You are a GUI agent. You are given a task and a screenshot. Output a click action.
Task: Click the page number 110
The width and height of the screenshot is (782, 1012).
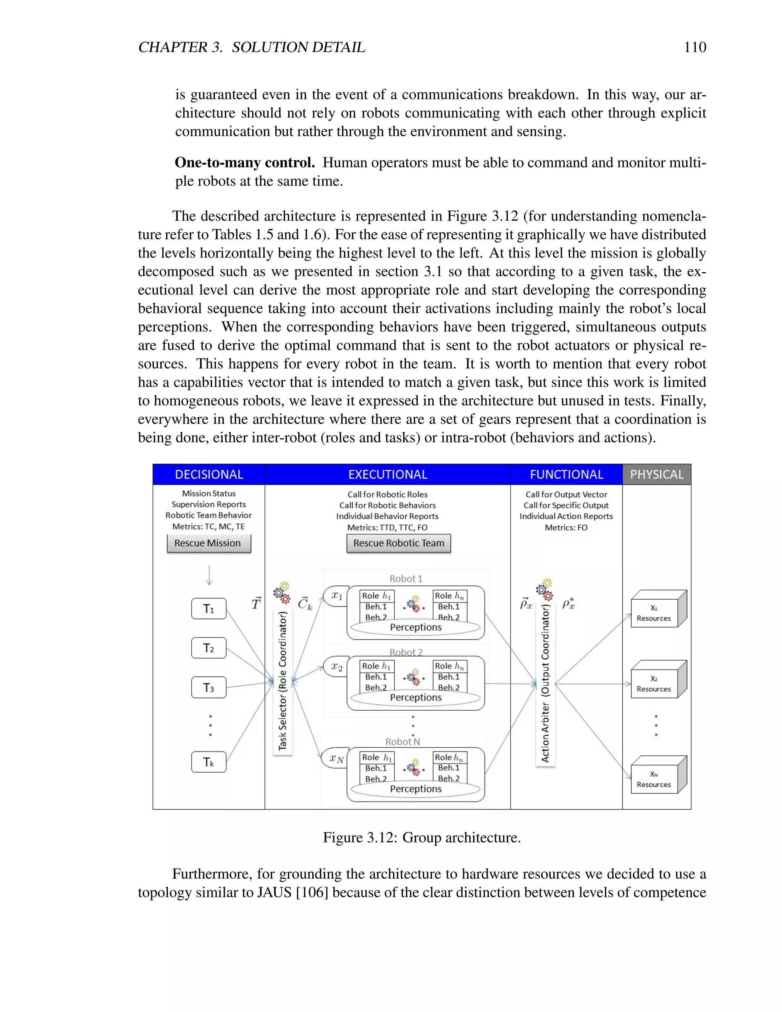[x=695, y=47]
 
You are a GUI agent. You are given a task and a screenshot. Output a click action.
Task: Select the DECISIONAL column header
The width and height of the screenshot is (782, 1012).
[x=209, y=474]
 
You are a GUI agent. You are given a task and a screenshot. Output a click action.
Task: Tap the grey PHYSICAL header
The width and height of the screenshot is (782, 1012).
[x=656, y=474]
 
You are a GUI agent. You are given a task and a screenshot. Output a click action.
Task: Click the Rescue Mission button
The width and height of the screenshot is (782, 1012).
[x=208, y=543]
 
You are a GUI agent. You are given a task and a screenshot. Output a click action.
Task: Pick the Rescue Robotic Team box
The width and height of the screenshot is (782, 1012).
[x=398, y=543]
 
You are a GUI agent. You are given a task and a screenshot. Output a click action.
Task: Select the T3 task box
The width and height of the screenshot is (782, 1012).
[x=208, y=688]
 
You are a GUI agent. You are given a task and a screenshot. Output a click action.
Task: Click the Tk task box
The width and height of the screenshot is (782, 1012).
[x=208, y=762]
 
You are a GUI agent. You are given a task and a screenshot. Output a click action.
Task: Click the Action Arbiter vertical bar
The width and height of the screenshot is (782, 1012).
[x=545, y=684]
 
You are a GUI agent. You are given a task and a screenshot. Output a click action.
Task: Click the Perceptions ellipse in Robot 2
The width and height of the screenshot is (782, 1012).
[x=415, y=697]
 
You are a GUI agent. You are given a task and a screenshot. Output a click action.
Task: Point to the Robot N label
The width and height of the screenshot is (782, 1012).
[x=402, y=741]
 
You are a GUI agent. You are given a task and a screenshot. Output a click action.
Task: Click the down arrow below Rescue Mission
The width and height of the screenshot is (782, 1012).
[x=209, y=575]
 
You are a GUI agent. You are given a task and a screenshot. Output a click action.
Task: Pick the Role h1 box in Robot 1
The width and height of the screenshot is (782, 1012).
[x=376, y=596]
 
